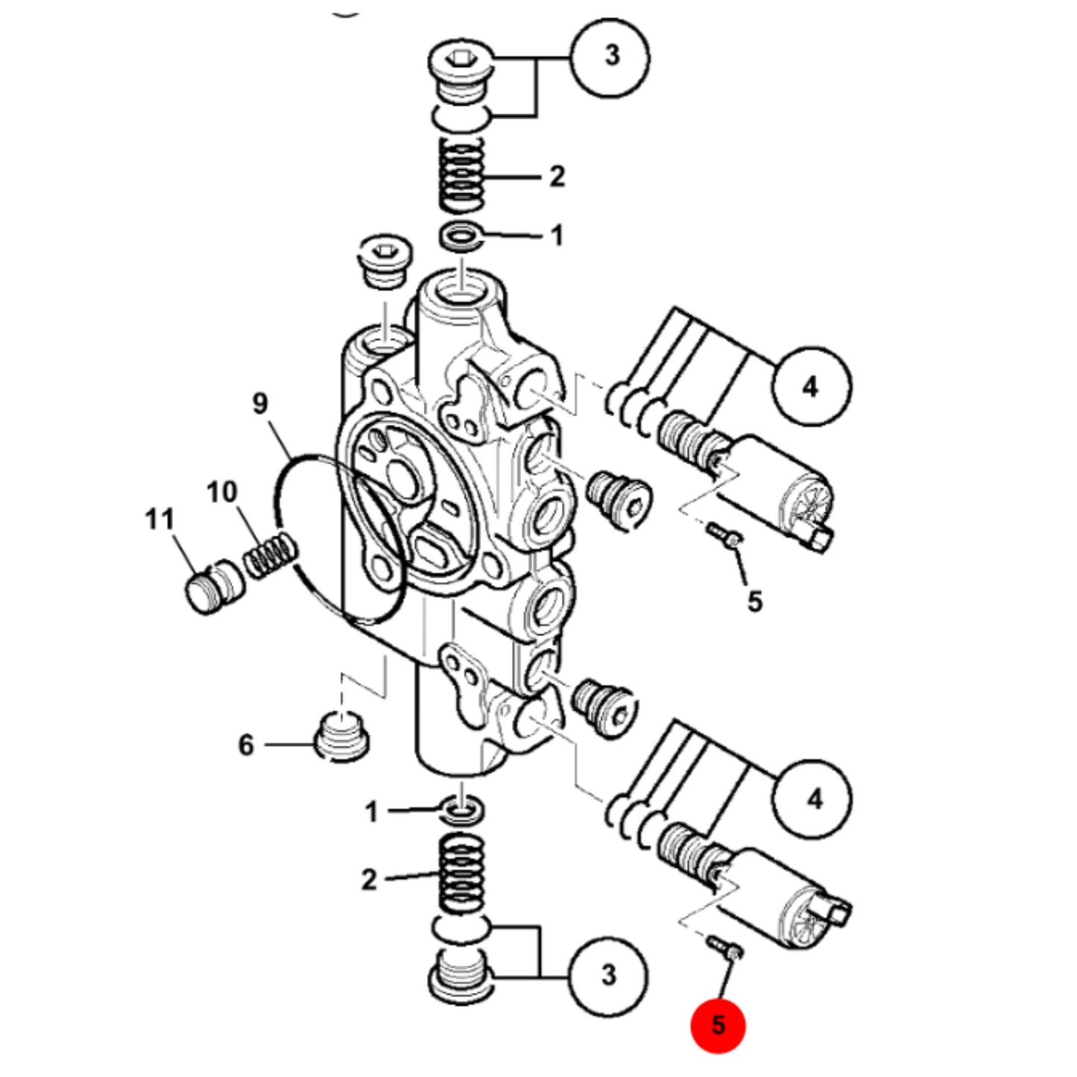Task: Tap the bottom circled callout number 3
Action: (x=608, y=976)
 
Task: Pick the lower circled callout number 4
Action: (x=812, y=799)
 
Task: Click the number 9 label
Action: (x=260, y=403)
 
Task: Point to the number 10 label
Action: (x=222, y=493)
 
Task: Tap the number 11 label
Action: (x=160, y=519)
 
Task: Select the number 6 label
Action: (x=247, y=745)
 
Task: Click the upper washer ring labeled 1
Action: (x=461, y=237)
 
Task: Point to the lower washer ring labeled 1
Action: (x=461, y=811)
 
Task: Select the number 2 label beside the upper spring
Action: (x=557, y=177)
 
